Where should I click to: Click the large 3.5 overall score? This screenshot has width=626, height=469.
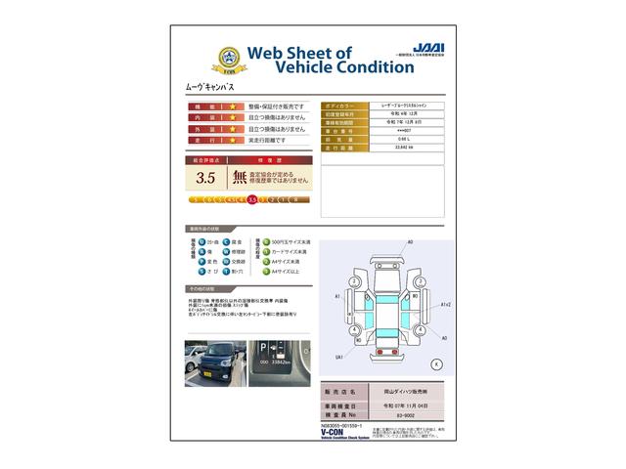pos(205,178)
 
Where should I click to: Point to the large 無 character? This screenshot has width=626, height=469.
pos(240,178)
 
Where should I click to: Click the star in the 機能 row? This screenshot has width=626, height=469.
pos(234,107)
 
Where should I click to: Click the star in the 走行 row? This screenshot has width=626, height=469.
pos(234,141)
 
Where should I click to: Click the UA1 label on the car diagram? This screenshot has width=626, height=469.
pos(339,358)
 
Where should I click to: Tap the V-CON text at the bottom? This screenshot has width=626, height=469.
pos(200,433)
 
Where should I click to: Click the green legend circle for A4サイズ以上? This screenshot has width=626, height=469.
pos(259,275)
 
